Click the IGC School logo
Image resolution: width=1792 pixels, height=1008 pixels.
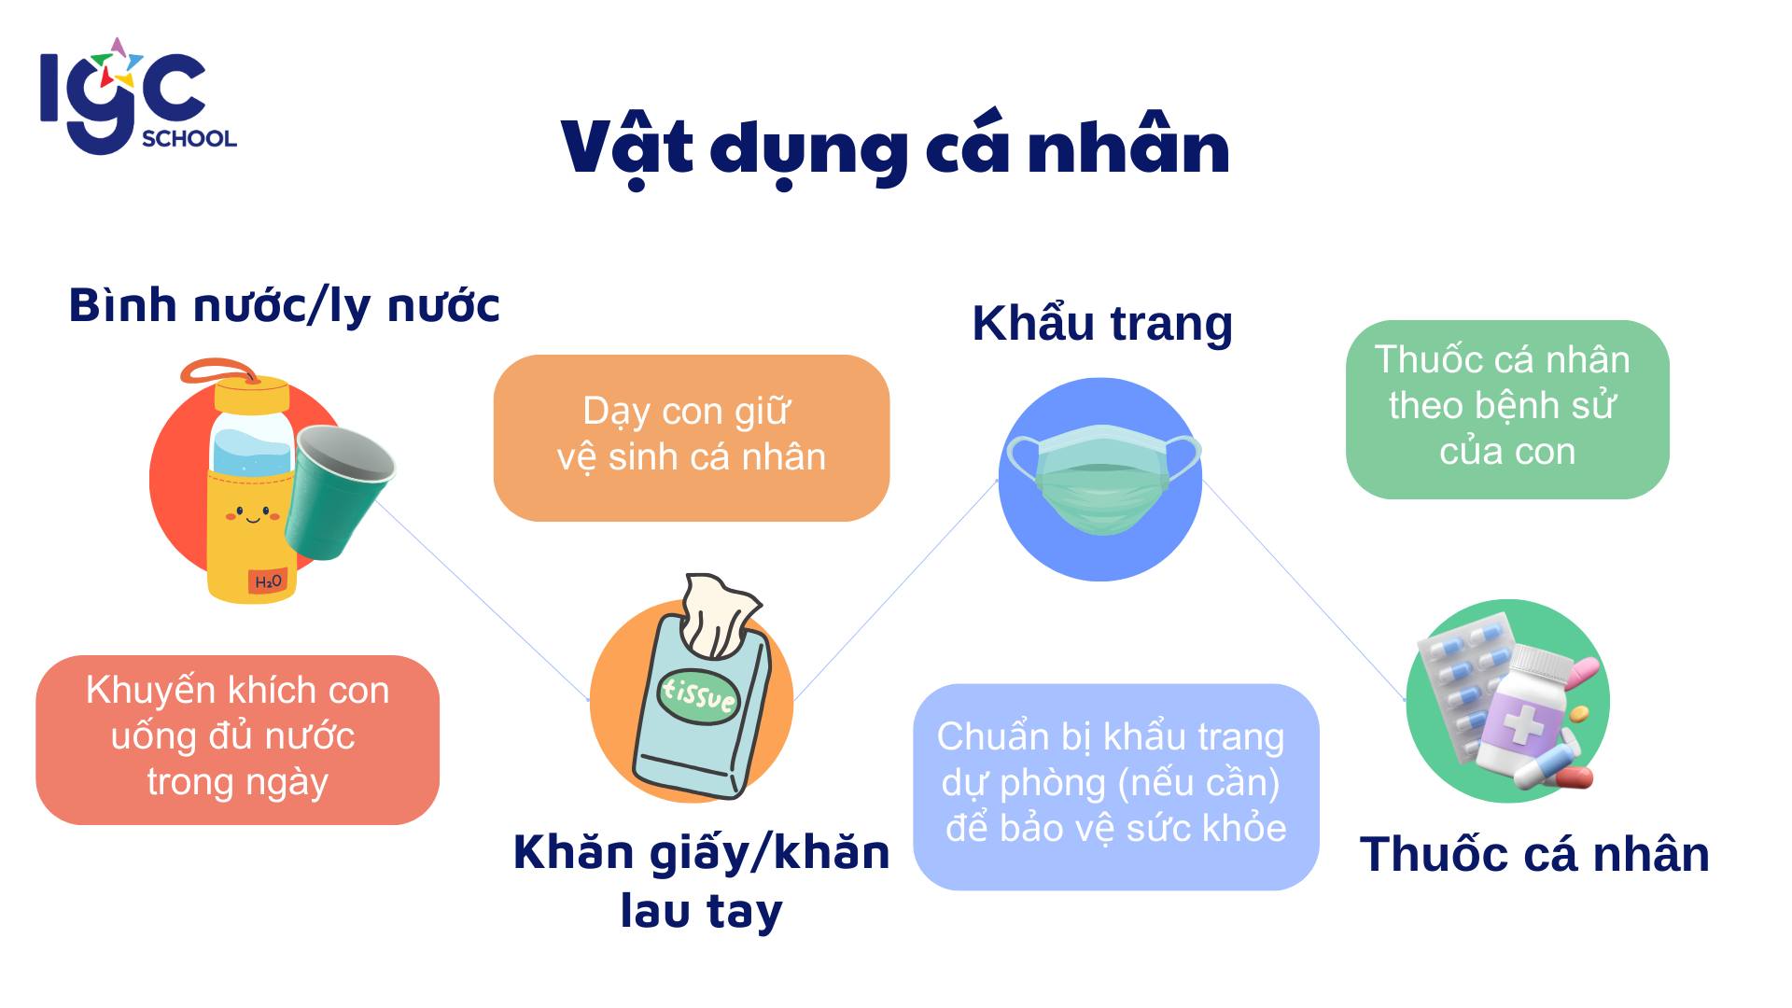coord(138,96)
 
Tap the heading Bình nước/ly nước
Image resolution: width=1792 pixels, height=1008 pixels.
coord(284,306)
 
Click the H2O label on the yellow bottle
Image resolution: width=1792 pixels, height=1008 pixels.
coord(268,581)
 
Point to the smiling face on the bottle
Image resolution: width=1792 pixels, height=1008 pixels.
coord(252,513)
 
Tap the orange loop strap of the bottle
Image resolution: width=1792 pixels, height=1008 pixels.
coord(221,373)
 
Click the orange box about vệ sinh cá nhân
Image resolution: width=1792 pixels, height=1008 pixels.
coord(691,438)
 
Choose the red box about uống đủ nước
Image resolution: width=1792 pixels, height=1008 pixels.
coord(237,739)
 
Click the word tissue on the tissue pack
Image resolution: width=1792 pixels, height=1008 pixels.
coord(698,693)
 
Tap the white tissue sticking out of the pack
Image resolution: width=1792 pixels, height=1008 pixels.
coord(719,615)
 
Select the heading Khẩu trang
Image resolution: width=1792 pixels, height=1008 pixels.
coord(1102,324)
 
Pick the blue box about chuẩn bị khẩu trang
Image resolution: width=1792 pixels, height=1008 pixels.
coord(1115,787)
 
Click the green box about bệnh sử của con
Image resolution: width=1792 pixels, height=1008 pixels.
coord(1506,409)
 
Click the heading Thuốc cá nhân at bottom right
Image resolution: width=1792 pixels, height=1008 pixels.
coord(1534,854)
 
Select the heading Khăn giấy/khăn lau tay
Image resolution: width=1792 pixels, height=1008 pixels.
coord(702,881)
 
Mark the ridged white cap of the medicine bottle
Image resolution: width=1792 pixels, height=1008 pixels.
coord(1542,663)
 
